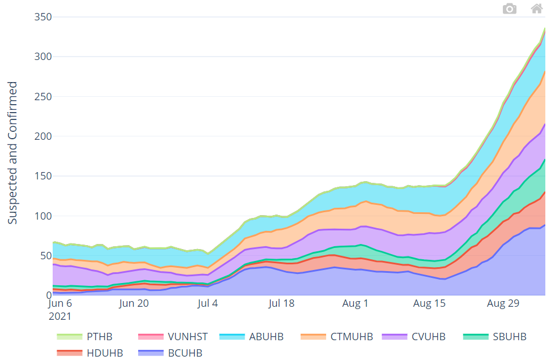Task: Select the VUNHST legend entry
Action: tap(172, 337)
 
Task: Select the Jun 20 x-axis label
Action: tap(134, 303)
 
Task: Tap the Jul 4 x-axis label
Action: tap(208, 303)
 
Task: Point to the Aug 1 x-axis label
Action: tap(355, 303)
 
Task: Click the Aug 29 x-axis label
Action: tap(503, 303)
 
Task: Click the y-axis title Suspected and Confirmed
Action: tap(12, 153)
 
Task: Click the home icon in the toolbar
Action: tap(536, 8)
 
